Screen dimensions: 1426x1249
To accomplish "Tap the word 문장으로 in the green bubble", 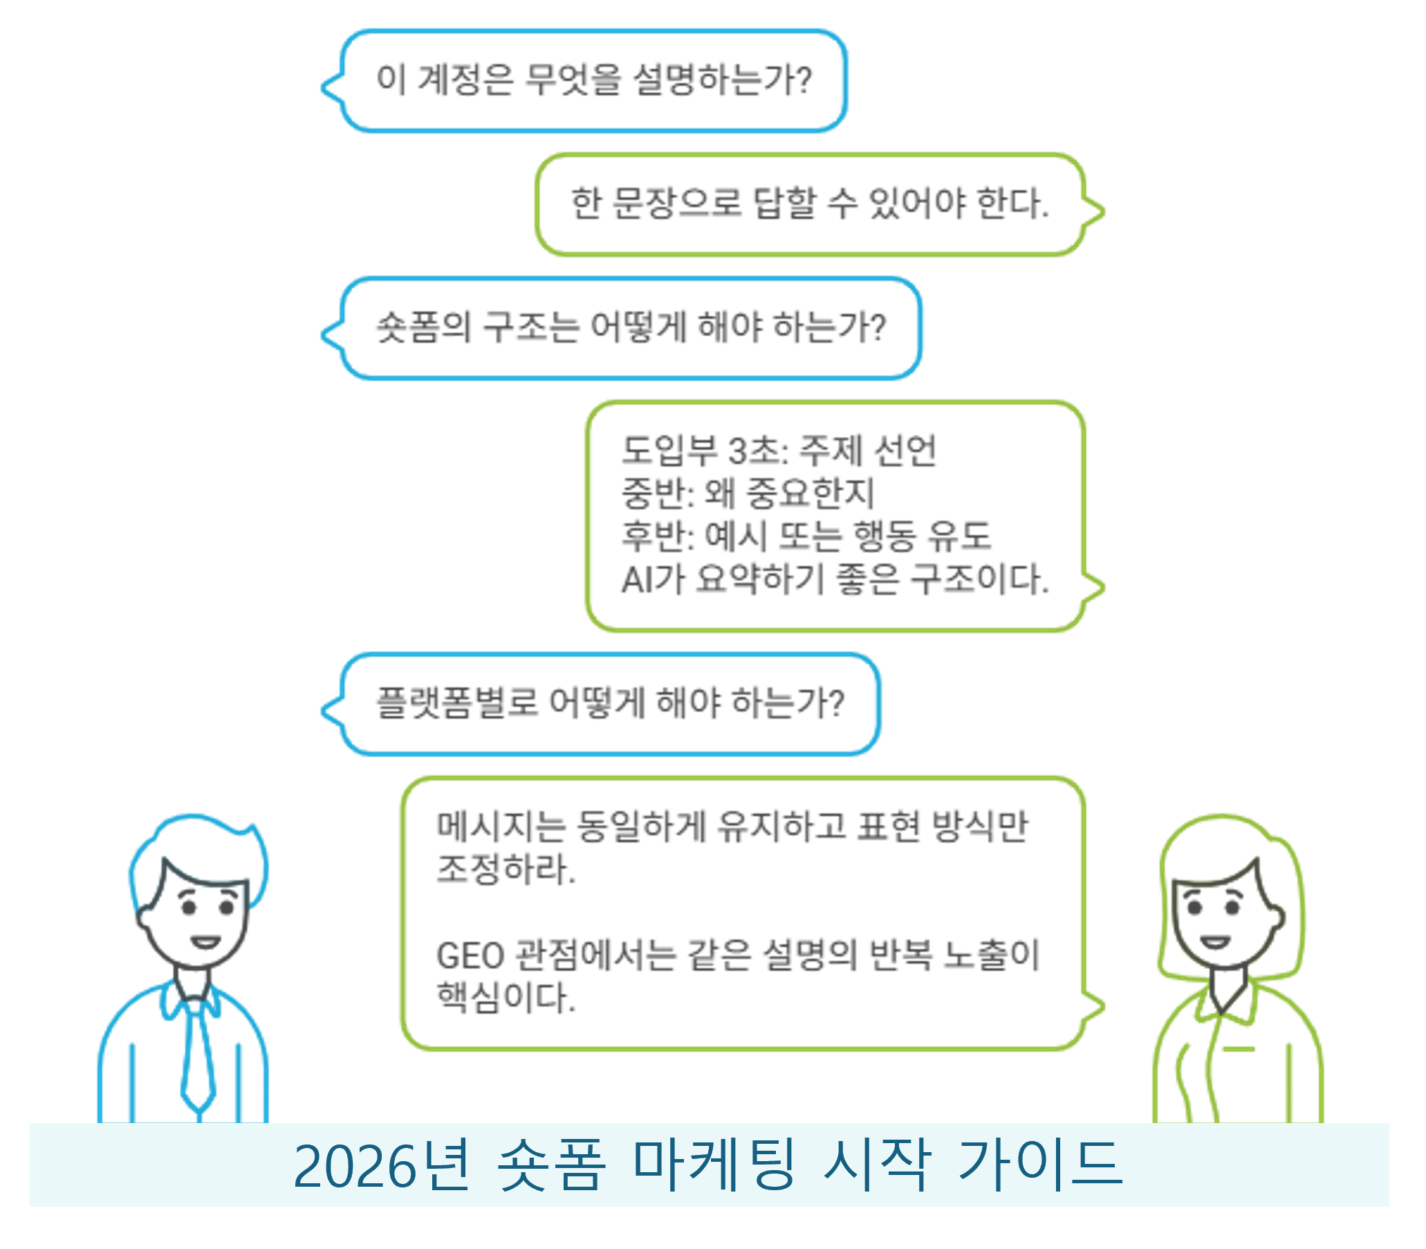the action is [676, 203].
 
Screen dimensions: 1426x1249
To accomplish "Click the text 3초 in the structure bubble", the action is [755, 450].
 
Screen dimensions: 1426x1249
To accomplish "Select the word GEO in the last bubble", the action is [470, 956].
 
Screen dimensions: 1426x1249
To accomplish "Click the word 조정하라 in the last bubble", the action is [504, 868].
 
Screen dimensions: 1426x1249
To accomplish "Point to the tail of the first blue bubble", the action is [328, 88].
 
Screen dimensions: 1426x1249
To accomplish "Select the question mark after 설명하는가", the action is [804, 79].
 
